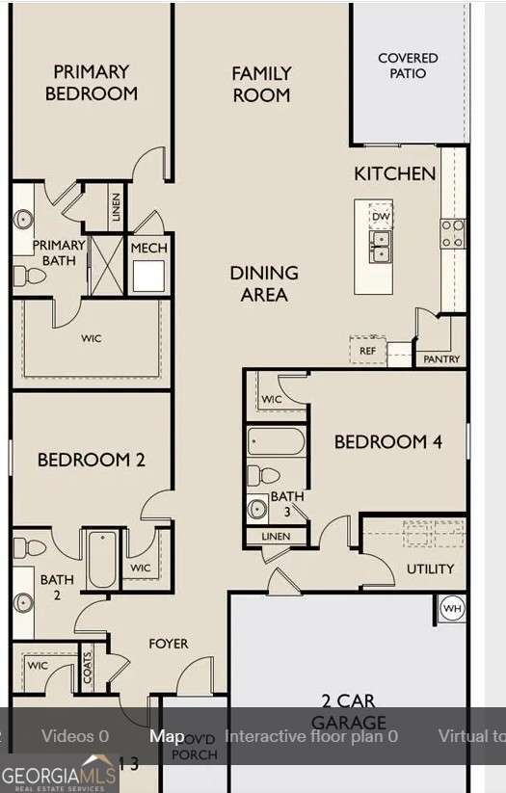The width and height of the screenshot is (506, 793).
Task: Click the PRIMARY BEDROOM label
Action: click(91, 82)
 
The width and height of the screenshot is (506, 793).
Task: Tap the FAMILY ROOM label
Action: click(261, 83)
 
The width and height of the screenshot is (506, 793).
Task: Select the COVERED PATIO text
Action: click(408, 66)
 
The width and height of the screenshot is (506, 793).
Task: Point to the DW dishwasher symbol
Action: click(381, 216)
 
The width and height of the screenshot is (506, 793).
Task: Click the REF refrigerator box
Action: click(368, 351)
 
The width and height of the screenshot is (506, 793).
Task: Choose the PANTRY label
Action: click(442, 359)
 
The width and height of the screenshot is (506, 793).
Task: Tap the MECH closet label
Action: click(148, 249)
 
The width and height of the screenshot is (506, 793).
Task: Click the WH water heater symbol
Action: click(452, 609)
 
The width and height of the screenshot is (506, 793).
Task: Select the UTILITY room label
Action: click(430, 568)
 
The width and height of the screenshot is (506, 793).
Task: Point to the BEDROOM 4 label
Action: click(387, 442)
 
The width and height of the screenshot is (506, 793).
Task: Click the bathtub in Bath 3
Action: click(277, 441)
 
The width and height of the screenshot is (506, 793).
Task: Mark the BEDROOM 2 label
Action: click(91, 460)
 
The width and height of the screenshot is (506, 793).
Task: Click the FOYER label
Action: click(168, 643)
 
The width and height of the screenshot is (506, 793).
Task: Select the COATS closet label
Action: click(88, 667)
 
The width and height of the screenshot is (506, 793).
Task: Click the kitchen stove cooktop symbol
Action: click(452, 232)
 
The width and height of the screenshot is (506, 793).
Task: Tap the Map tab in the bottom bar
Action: click(167, 736)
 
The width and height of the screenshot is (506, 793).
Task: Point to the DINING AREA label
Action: click(263, 283)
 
